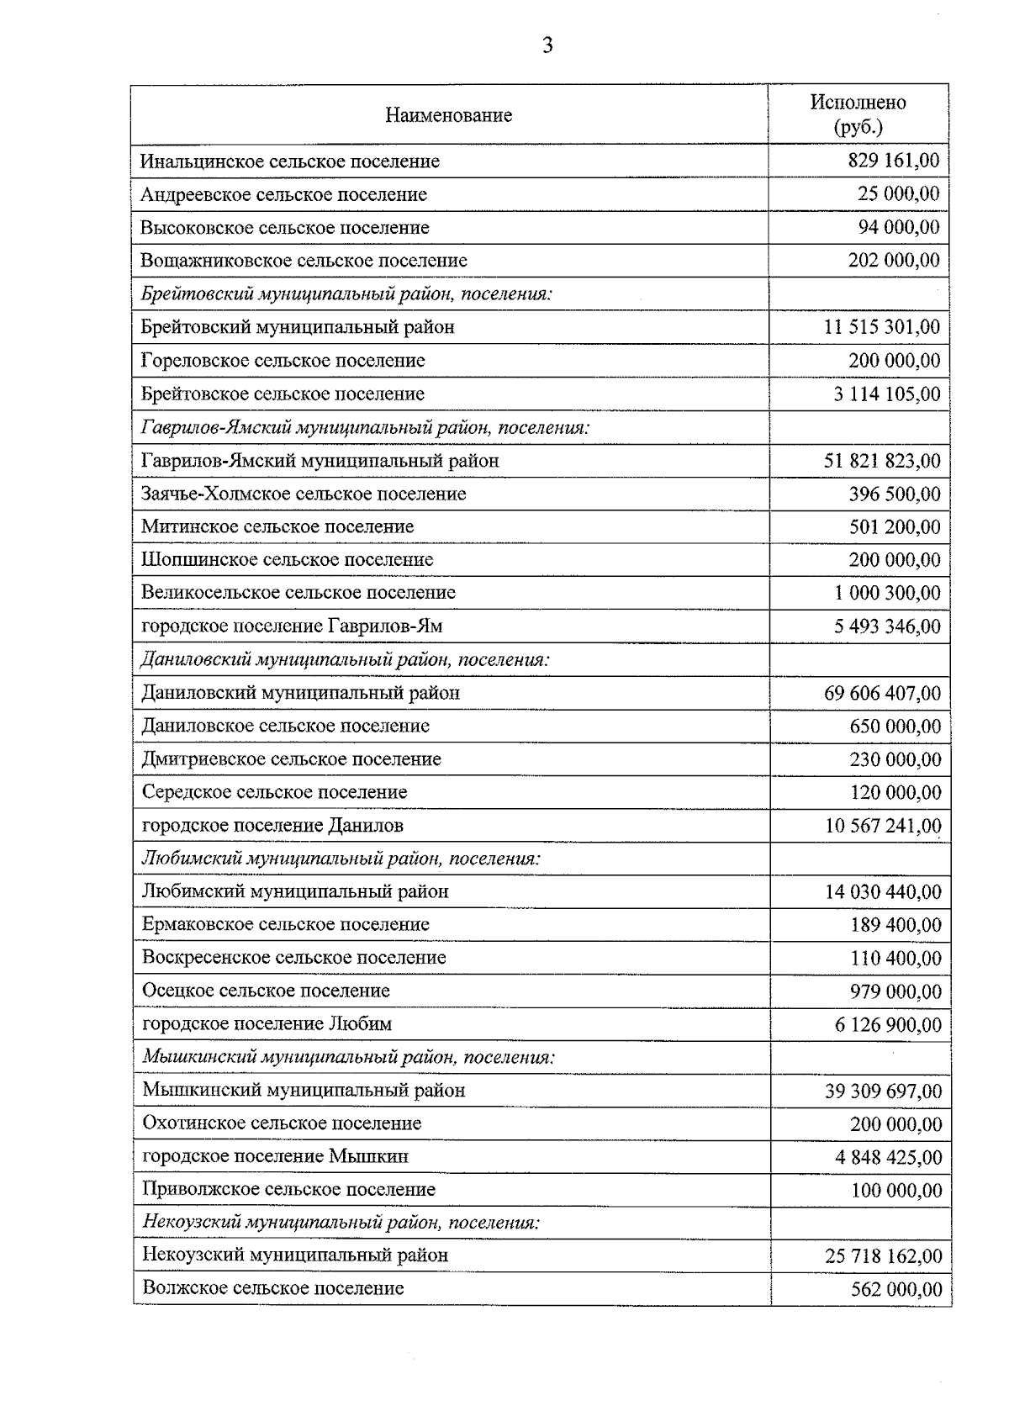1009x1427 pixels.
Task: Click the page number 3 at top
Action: [x=547, y=46]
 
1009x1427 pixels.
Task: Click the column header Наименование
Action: [x=448, y=115]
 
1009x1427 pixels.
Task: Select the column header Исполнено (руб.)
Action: [x=858, y=114]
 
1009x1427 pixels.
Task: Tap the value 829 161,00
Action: [x=893, y=161]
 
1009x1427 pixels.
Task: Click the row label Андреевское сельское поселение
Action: [x=283, y=194]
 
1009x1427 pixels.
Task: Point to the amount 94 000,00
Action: [x=898, y=227]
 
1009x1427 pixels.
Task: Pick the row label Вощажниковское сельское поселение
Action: [x=304, y=261]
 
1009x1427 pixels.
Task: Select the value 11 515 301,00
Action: [x=882, y=327]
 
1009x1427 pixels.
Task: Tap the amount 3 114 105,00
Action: [x=887, y=394]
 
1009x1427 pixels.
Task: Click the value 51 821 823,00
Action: [x=882, y=461]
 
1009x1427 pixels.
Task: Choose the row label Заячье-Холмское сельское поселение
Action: [x=304, y=494]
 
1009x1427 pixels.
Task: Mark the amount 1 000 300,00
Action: [x=887, y=593]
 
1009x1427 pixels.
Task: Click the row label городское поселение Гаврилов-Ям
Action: [x=292, y=626]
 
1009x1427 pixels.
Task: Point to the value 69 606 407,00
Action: [x=882, y=694]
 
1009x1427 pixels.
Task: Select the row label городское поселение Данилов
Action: [x=272, y=826]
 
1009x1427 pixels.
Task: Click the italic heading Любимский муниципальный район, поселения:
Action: [x=341, y=859]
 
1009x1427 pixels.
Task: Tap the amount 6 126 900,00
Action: [x=888, y=1025]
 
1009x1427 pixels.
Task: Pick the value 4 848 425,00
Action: [x=888, y=1158]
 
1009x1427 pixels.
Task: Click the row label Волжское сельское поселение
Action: [x=272, y=1288]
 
